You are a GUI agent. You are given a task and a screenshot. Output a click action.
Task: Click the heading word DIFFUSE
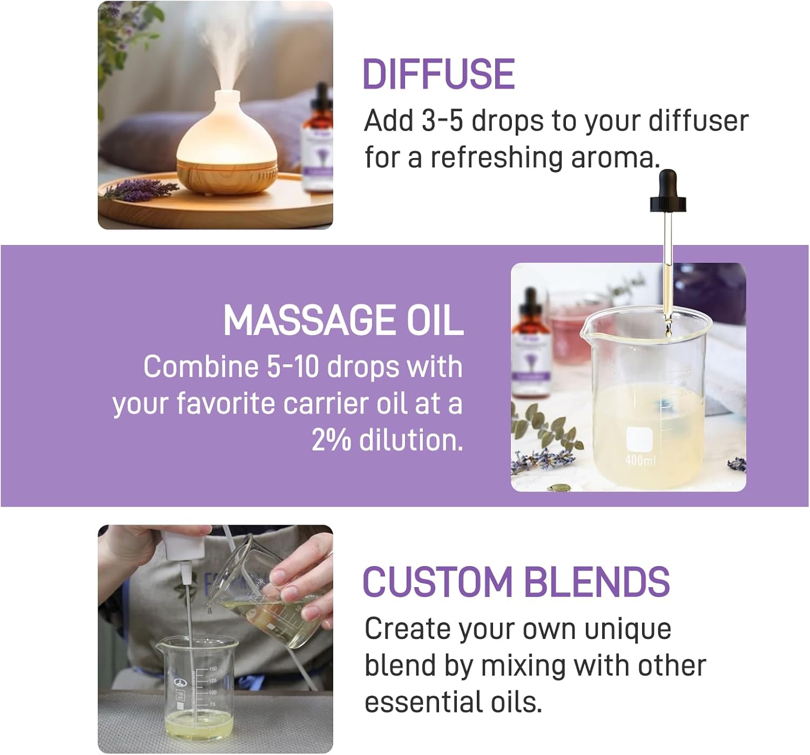pos(438,74)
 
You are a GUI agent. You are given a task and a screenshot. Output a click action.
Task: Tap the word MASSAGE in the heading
pos(309,321)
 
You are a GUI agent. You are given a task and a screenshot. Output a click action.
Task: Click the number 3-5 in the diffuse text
pos(442,121)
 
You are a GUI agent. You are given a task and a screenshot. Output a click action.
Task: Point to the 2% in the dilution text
pos(331,440)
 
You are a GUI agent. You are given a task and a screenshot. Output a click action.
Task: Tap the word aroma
pos(616,158)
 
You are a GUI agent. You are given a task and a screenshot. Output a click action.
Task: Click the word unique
pos(627,630)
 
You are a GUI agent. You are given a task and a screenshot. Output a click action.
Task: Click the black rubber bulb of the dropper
pos(667,191)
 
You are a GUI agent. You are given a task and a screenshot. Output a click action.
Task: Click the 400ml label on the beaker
pos(641,461)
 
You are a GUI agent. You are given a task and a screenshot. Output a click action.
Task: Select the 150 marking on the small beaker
pos(213,669)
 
